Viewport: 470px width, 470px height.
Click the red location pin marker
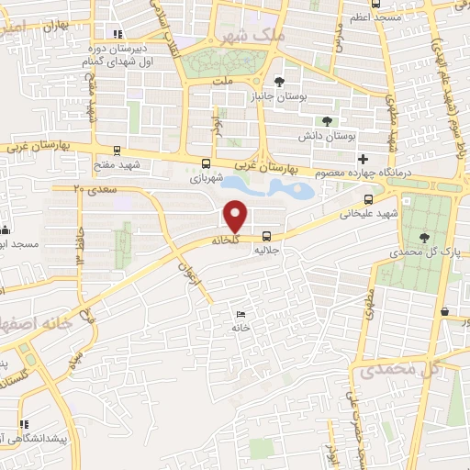point(236,216)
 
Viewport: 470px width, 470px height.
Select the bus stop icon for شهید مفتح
point(117,150)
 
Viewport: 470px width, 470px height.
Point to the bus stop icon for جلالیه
point(266,235)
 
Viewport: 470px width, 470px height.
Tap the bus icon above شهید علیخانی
point(367,198)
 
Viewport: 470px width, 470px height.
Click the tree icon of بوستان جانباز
point(279,82)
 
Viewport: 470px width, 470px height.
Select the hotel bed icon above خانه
point(241,314)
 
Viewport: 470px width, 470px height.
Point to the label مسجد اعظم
point(371,17)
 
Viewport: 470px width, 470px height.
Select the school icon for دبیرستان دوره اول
point(117,35)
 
